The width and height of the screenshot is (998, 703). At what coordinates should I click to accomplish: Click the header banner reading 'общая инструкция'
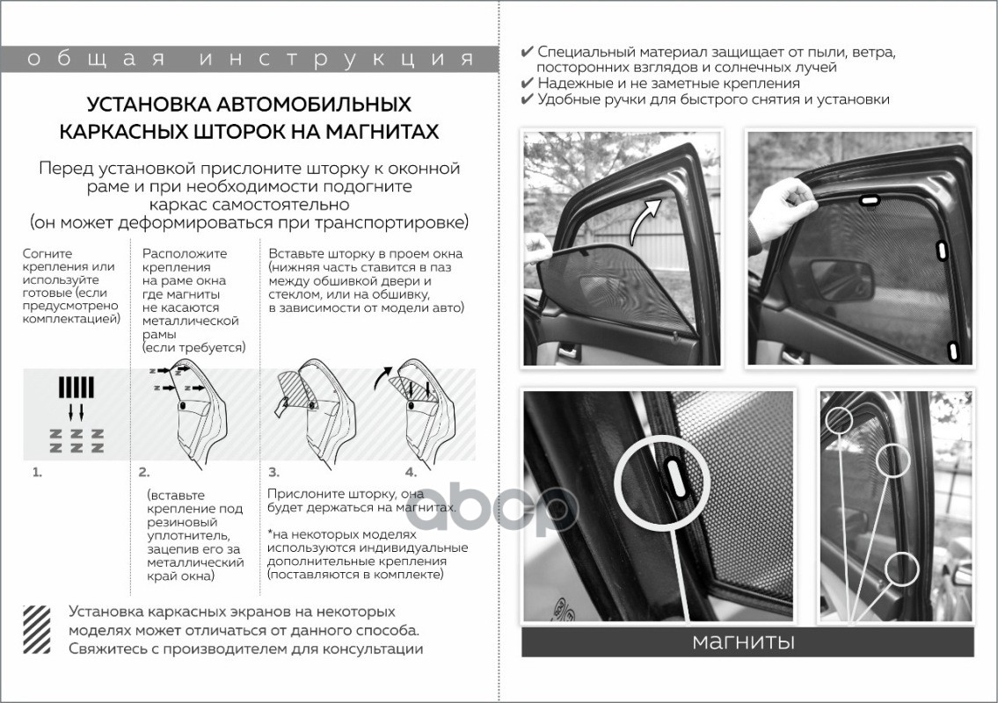pos(249,60)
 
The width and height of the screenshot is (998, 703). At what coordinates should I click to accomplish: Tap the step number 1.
pos(37,472)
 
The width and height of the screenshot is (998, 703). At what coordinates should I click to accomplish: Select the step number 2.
pos(144,472)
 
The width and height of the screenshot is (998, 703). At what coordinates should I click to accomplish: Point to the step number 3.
pos(273,472)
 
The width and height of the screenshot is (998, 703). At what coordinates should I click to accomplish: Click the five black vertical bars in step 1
pos(76,388)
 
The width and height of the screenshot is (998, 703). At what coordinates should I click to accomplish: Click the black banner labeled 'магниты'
pos(747,641)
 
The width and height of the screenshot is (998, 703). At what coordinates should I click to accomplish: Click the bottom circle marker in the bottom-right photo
pos(902,569)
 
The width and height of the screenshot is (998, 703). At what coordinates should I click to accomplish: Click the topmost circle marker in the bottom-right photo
pos(839,421)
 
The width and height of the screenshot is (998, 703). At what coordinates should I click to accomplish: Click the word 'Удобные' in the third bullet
pos(570,99)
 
